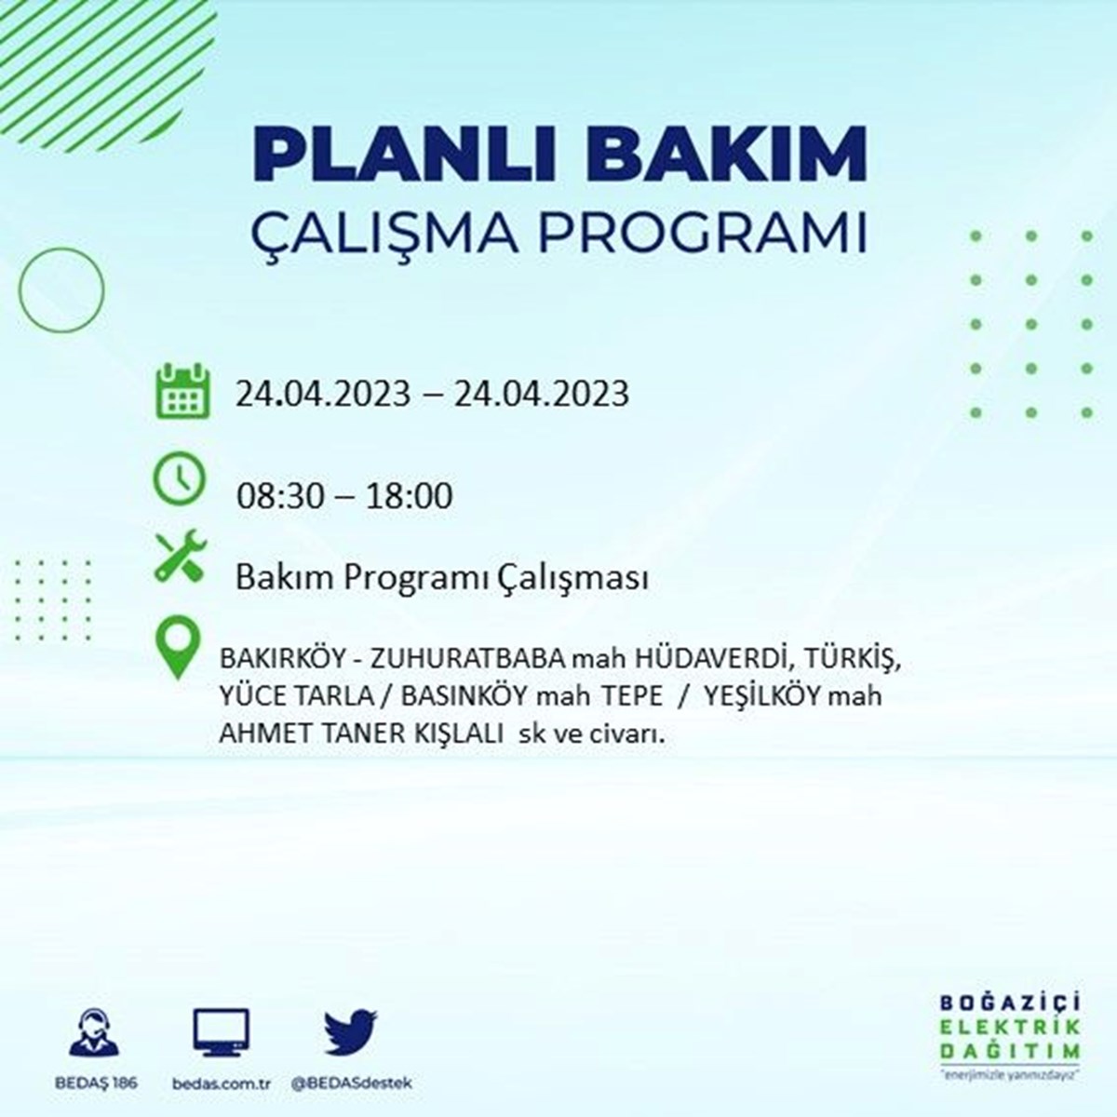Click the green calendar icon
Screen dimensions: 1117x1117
[182, 391]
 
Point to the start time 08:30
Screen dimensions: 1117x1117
[280, 497]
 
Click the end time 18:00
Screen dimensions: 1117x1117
[408, 497]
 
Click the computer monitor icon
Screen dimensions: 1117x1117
[221, 1033]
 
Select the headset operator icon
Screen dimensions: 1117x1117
[94, 1032]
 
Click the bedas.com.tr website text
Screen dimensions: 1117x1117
[222, 1083]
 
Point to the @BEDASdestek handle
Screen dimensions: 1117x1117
[352, 1083]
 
